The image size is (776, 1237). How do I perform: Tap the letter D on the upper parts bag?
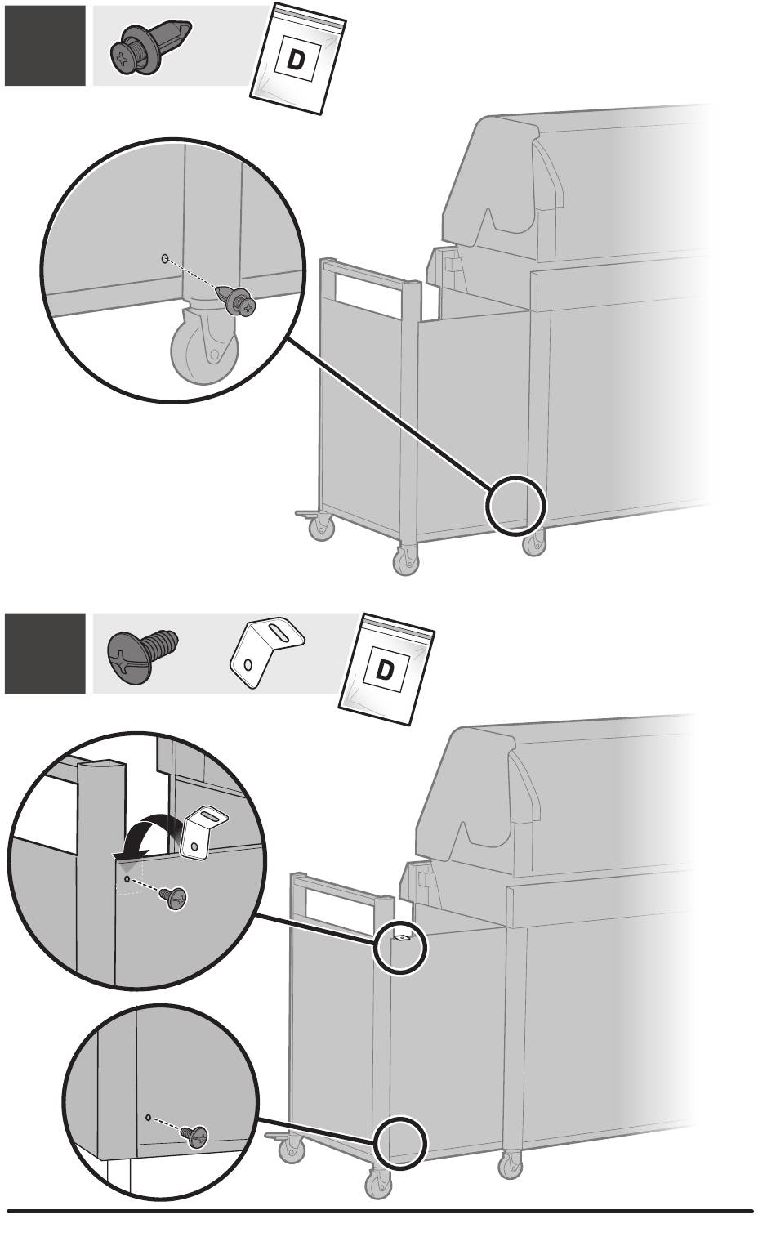coord(296,60)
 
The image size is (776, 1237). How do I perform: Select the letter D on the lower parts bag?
coord(384,670)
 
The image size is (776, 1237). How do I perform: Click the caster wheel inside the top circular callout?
coord(203,350)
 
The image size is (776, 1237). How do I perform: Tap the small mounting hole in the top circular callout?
coord(164,258)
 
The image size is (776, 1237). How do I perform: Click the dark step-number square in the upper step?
coord(45,46)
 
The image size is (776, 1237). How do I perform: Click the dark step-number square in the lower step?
coord(45,654)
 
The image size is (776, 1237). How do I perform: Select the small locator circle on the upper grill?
coord(515,505)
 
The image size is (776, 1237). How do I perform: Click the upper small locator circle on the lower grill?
coord(400,945)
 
